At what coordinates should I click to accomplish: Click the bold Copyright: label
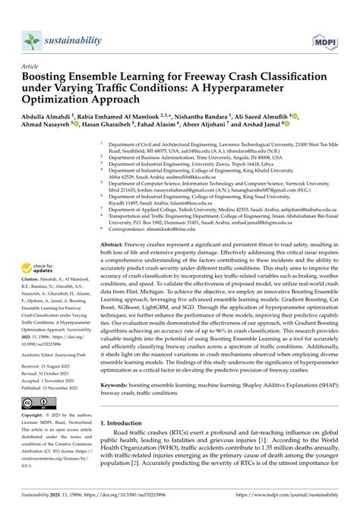pyautogui.click(x=34, y=416)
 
